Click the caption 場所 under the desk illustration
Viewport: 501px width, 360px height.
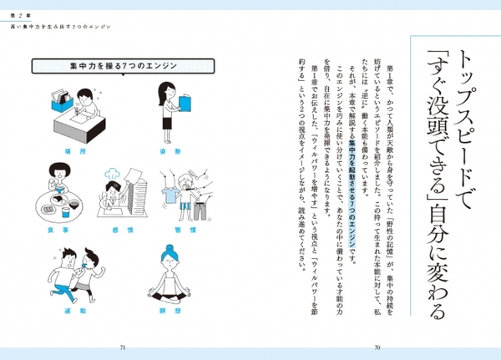click(58, 152)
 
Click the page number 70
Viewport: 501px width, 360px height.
click(377, 346)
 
